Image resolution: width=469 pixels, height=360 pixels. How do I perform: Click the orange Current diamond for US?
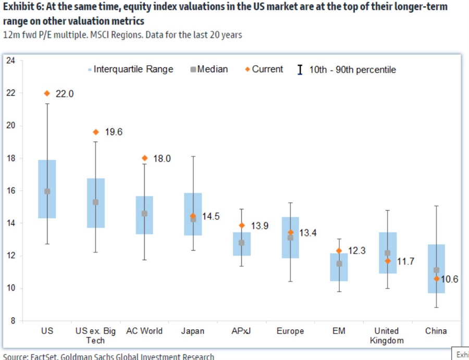[x=47, y=93]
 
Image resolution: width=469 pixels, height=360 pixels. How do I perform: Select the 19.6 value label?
[x=114, y=132]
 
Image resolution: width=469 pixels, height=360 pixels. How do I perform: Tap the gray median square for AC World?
[x=144, y=214]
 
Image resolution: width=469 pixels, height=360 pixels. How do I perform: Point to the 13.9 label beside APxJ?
[x=260, y=226]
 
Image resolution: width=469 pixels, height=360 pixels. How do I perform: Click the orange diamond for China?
[x=436, y=279]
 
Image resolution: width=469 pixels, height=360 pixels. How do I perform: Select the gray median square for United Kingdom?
[x=387, y=253]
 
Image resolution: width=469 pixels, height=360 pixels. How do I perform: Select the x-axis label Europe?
[x=290, y=331]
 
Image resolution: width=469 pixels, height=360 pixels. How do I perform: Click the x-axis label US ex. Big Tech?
[x=95, y=336]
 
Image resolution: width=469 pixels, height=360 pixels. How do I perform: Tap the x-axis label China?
[x=436, y=331]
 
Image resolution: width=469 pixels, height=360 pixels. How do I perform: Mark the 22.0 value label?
[x=65, y=94]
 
